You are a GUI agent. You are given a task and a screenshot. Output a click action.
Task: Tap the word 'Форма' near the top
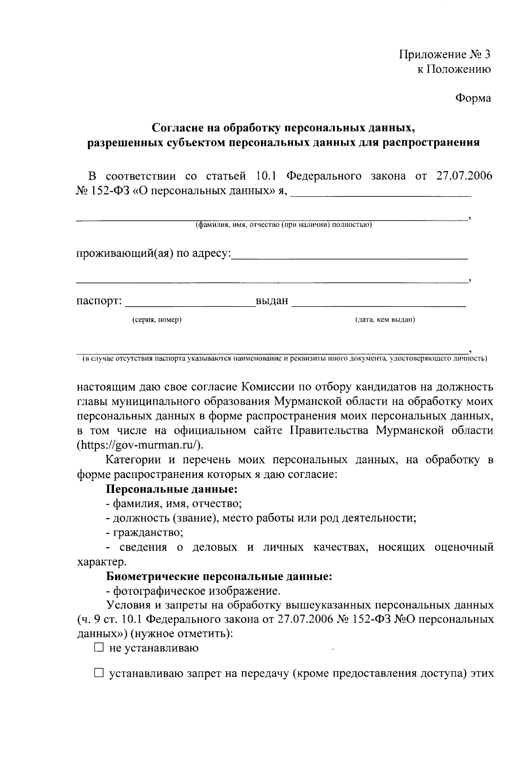coord(473,98)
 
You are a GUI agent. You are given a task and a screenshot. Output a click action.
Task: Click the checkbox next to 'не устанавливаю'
coord(98,648)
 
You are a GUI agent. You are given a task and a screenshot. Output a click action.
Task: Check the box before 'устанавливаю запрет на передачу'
coord(98,674)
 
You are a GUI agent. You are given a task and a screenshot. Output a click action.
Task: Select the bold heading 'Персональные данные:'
coord(172,489)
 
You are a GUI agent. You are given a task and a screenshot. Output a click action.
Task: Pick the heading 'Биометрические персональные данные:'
coord(219,576)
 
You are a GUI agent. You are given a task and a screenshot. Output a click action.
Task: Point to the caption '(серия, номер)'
coord(157,320)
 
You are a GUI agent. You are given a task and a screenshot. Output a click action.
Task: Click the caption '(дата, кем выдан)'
coord(385,320)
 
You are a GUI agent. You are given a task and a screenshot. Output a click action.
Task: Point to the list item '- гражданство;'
coord(144,533)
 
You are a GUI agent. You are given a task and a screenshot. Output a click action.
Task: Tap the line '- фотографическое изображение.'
coord(193,591)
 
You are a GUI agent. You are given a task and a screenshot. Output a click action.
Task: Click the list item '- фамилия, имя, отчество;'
coord(174,503)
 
